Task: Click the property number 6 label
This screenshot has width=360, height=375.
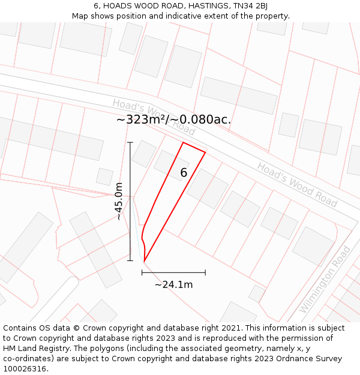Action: (x=184, y=173)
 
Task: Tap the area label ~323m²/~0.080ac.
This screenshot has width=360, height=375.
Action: (x=173, y=119)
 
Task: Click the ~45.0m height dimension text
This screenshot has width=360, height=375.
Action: (x=119, y=201)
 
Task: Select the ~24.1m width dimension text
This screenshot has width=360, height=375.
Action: (x=173, y=284)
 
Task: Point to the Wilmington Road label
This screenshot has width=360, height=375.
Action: (x=324, y=280)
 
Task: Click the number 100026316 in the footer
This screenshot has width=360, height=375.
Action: (x=26, y=368)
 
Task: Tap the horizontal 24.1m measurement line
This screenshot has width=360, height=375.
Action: (x=173, y=272)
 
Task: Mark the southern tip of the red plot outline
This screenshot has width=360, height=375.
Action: (x=144, y=262)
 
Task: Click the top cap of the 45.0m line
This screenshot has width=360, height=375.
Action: (x=130, y=142)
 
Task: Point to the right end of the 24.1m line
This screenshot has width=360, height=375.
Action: (x=205, y=272)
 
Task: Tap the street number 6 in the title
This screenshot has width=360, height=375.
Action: (x=96, y=6)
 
